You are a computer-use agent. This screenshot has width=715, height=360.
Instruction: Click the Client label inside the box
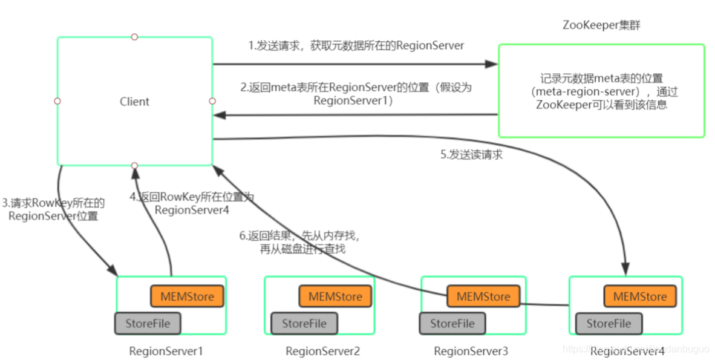[134, 102]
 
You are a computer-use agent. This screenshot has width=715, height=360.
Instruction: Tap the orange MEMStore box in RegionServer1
[187, 296]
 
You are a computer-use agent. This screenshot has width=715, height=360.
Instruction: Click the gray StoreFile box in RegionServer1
[148, 323]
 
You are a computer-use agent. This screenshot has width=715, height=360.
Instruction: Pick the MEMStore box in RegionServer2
[335, 296]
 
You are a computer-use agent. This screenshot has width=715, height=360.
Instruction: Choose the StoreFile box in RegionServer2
[304, 323]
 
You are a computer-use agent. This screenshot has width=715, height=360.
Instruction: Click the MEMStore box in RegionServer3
[483, 296]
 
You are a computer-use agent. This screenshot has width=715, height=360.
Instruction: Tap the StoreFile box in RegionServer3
[452, 323]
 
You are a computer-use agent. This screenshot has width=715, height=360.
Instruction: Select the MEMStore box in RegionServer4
[639, 296]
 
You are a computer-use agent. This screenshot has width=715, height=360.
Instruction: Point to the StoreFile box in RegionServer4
[609, 323]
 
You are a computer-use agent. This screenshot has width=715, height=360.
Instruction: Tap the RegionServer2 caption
[322, 351]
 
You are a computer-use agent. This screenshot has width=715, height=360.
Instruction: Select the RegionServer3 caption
[471, 351]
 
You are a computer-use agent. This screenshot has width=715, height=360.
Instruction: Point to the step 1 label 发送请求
[356, 46]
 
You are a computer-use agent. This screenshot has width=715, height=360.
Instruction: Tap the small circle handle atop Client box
[134, 37]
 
